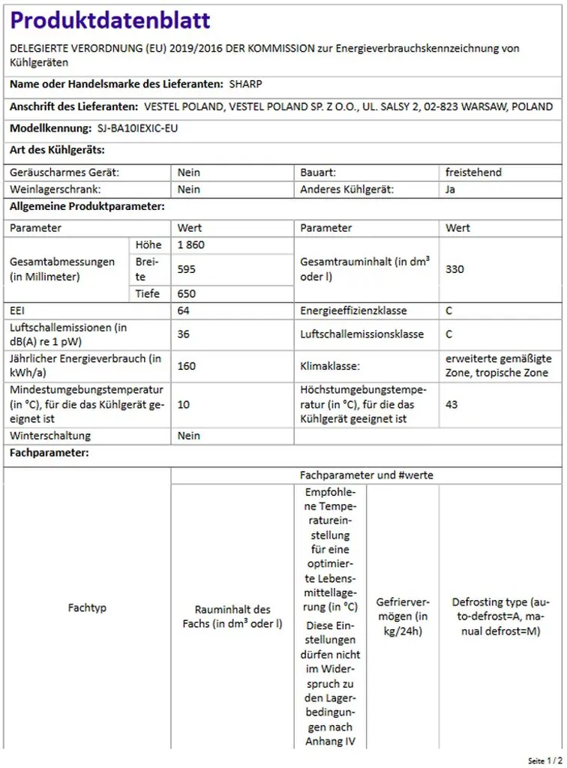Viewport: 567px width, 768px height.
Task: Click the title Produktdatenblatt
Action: tap(110, 20)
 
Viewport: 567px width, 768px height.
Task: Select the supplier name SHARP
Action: tap(246, 84)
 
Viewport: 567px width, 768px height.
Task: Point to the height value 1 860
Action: tap(191, 245)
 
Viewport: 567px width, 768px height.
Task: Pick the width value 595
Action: tap(187, 268)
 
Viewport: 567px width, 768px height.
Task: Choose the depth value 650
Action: tap(187, 294)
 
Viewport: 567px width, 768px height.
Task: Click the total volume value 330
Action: tap(454, 268)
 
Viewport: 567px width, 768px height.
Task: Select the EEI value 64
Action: tap(184, 310)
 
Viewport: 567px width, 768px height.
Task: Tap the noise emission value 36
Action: tap(184, 334)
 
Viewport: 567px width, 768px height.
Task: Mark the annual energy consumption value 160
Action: tap(187, 366)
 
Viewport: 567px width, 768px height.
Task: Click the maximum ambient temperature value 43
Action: tap(451, 405)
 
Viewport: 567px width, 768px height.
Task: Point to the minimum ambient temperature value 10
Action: tap(184, 405)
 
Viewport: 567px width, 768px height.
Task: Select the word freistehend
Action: tap(473, 172)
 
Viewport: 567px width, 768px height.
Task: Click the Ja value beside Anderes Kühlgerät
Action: tap(451, 190)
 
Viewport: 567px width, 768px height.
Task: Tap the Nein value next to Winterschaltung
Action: tap(189, 436)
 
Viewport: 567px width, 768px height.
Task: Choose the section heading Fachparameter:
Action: tap(49, 453)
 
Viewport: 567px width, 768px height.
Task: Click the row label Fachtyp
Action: tap(87, 607)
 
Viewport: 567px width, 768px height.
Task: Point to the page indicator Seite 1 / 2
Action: tap(544, 760)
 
